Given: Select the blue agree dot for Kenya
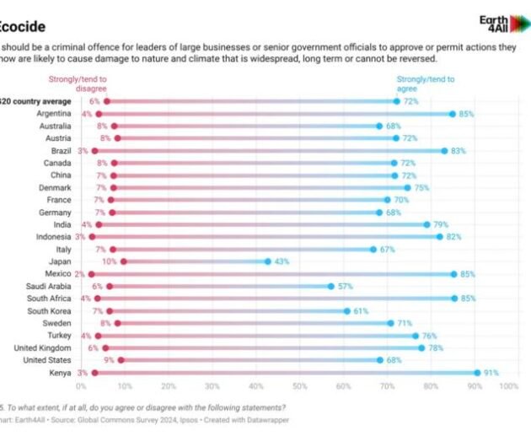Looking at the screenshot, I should [477, 372].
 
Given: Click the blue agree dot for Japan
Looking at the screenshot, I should [268, 261].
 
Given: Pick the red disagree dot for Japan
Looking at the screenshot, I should [123, 261].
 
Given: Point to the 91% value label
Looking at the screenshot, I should [491, 372].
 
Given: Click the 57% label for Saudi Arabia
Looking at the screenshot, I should [346, 286].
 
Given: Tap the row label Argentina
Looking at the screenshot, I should [53, 113].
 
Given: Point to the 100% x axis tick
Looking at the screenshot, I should [508, 386].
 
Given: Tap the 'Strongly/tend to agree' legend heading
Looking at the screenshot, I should [426, 84].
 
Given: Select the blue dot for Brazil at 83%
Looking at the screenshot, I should [444, 150].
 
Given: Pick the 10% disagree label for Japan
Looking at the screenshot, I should [109, 261].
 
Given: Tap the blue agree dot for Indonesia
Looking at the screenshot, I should [440, 237].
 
